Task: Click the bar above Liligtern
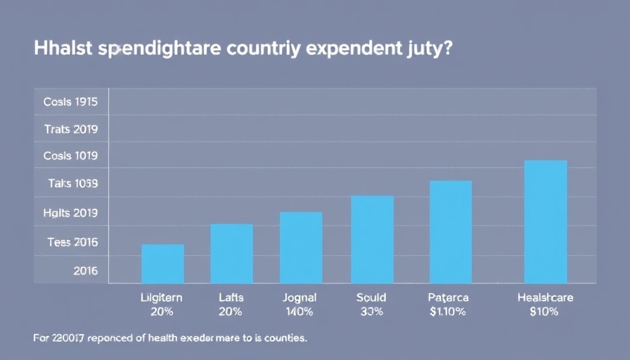coord(162,264)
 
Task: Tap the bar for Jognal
coord(301,247)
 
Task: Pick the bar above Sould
coord(372,239)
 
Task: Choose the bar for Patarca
coord(451,232)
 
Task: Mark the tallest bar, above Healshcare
coord(546,221)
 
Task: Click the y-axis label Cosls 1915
coord(70,101)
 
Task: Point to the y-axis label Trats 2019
coord(70,129)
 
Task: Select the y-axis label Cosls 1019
coord(70,156)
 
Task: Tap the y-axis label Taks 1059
coord(72,184)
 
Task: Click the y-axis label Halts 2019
coord(70,213)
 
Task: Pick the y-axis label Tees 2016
coord(72,243)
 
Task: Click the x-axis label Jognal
coord(300,298)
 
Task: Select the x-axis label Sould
coord(371,298)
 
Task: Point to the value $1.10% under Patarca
coord(448,311)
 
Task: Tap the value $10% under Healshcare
coord(545,311)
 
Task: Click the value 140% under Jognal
coord(300,311)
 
